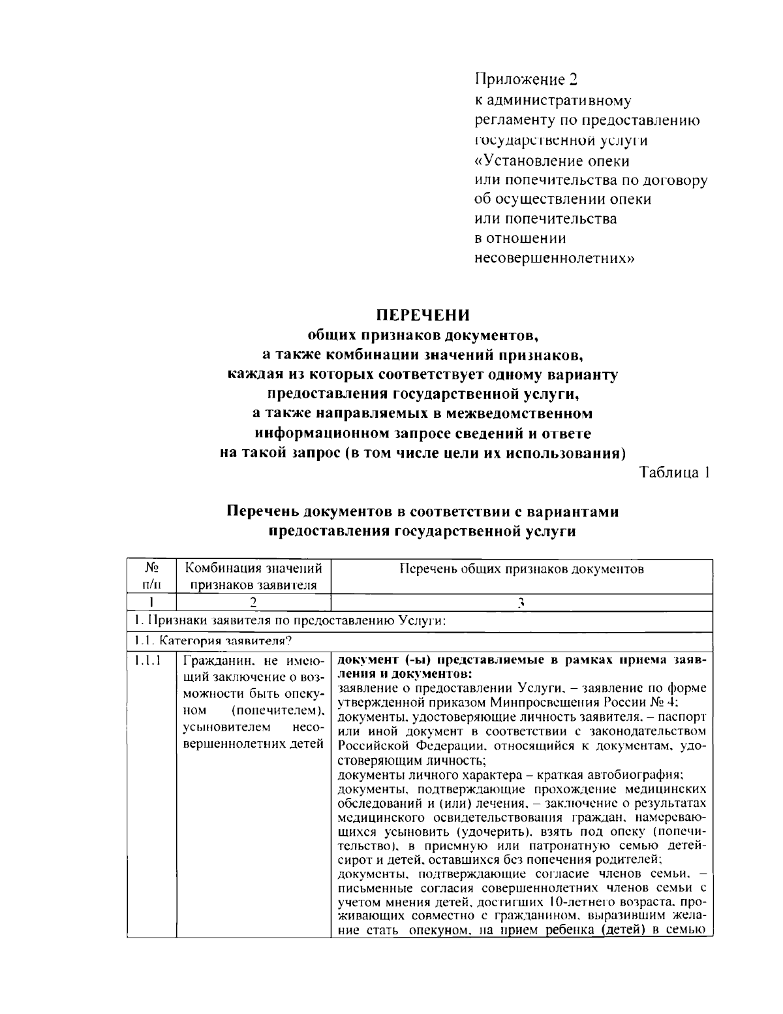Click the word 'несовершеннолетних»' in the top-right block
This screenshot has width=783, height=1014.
click(554, 258)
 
